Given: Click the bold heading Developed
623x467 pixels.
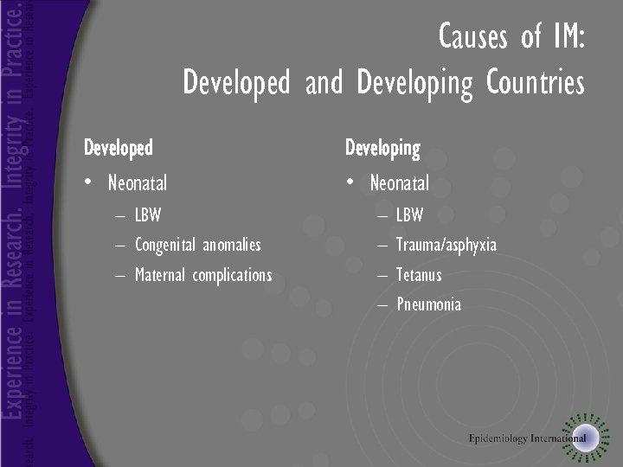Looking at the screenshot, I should coord(118,149).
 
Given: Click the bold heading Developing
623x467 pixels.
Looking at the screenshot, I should coord(382,149).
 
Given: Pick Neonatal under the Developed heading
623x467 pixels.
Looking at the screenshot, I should coord(138,183).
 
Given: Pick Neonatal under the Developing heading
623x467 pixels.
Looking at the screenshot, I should coord(399,183).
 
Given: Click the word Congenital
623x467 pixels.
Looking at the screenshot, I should coord(165,246).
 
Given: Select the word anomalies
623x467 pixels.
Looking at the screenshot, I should coord(231,246).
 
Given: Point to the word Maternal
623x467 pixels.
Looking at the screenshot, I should coord(161,275).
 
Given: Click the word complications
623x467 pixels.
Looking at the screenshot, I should coord(232,275).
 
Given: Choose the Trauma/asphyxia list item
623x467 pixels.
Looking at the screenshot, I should coord(446,246).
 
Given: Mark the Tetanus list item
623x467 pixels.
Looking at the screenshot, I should coord(419,275).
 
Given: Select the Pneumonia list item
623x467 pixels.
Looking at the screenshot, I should coord(428,304).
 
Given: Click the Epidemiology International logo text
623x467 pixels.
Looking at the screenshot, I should coord(528,438).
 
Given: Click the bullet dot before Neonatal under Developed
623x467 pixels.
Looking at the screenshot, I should coord(88,183).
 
